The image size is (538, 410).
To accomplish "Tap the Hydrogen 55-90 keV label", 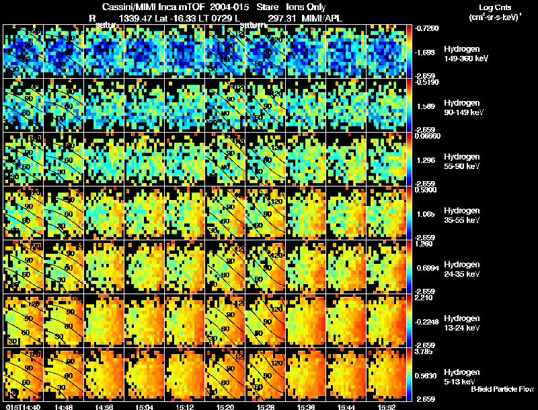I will (461, 162).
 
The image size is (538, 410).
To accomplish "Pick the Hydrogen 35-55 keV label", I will (461, 215).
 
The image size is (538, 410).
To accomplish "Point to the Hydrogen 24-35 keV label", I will (461, 269).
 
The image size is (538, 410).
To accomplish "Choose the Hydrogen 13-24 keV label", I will (461, 323).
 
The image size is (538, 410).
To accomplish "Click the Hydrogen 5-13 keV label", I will (461, 377).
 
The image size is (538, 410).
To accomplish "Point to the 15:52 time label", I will (386, 407).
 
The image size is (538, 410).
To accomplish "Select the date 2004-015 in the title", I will (213, 6).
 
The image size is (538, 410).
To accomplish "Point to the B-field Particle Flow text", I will (502, 389).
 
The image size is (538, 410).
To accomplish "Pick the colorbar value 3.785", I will (426, 351).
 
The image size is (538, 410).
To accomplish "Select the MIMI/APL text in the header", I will (323, 18).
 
